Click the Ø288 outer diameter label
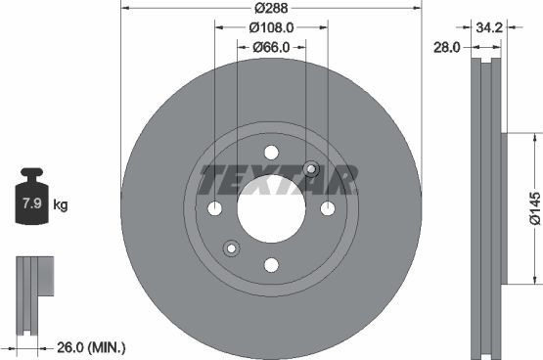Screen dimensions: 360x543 pos(270,9)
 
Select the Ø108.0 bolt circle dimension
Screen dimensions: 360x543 pos(270,27)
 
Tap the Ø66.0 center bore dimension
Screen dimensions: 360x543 pos(270,47)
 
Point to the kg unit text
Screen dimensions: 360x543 pos(60,205)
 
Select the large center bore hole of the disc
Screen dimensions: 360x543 pos(271,208)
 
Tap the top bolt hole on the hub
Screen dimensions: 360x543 pos(271,152)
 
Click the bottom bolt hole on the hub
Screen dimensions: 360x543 pos(271,265)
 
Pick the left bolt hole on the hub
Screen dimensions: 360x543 pos(214,208)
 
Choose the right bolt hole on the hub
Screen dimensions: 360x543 pos(328,208)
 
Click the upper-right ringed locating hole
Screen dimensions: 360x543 pos(311,168)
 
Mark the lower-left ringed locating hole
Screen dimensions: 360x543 pos(231,247)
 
